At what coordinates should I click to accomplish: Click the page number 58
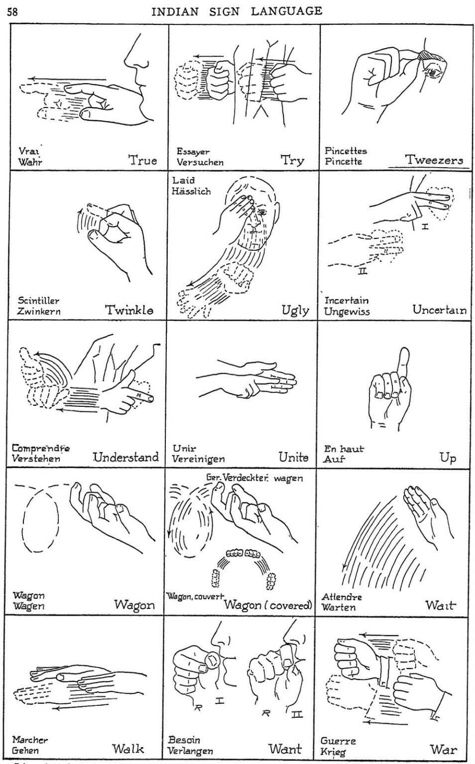12,11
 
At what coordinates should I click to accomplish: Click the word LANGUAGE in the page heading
286,11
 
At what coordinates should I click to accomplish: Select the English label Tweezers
434,160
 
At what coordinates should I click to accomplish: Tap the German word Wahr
30,162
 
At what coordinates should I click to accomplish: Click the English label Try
292,160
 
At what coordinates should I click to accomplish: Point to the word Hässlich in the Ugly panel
191,191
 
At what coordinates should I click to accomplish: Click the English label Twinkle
129,310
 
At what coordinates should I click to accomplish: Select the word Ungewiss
347,312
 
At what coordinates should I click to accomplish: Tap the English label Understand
125,457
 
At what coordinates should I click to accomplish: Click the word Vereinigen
198,459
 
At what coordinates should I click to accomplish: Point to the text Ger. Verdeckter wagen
254,478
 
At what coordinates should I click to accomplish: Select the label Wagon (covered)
268,605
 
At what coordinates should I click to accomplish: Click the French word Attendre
342,596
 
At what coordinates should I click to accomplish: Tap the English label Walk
128,749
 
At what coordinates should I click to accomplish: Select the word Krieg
333,752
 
